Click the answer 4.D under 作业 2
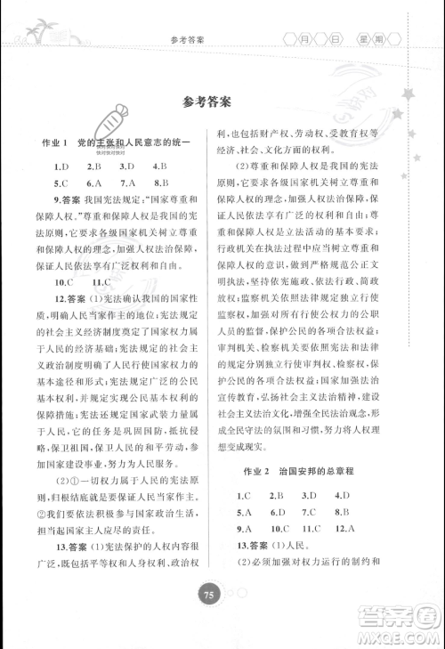point(339,494)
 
